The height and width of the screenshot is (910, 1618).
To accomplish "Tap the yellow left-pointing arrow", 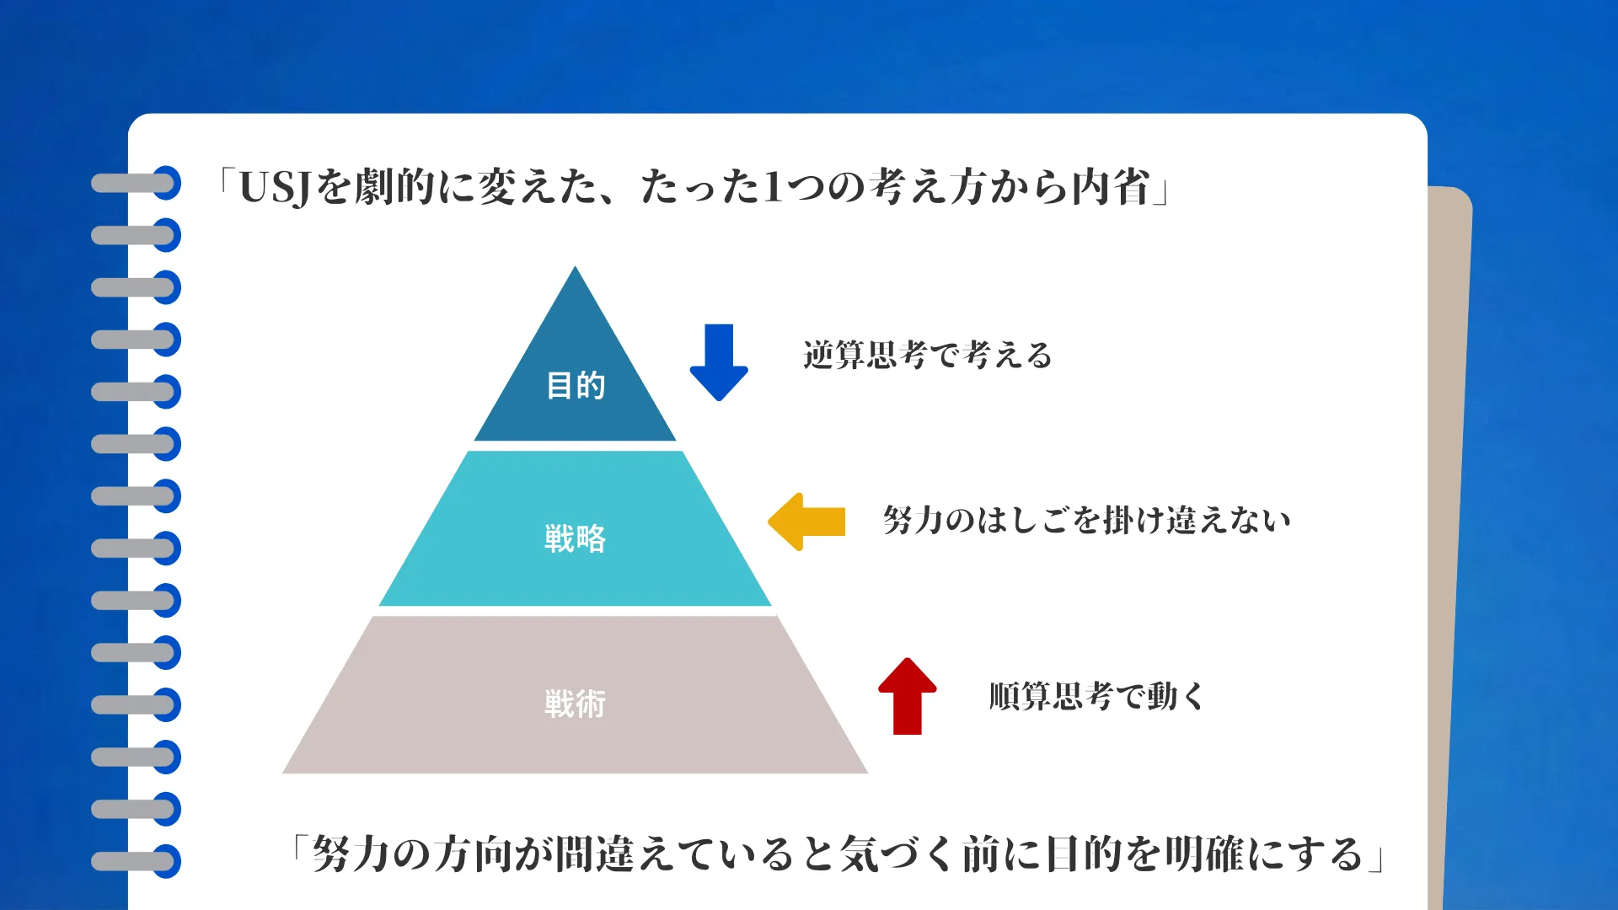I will pos(806,522).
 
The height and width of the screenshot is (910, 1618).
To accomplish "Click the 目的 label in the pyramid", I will pos(576,386).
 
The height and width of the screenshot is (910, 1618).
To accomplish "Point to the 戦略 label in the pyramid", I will pos(576,538).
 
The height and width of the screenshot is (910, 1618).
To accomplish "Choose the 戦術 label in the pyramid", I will pos(576,704).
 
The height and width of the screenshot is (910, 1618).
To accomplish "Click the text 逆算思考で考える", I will pos(928,356).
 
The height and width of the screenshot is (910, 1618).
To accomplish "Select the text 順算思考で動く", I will pos(1096,697).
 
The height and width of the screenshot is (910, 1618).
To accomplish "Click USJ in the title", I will pos(276,187).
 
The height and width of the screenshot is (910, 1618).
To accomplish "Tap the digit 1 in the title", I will pos(772,187).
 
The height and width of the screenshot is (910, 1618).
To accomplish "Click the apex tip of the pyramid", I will pos(576,270).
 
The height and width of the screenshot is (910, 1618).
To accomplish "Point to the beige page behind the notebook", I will pos(1451,506).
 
